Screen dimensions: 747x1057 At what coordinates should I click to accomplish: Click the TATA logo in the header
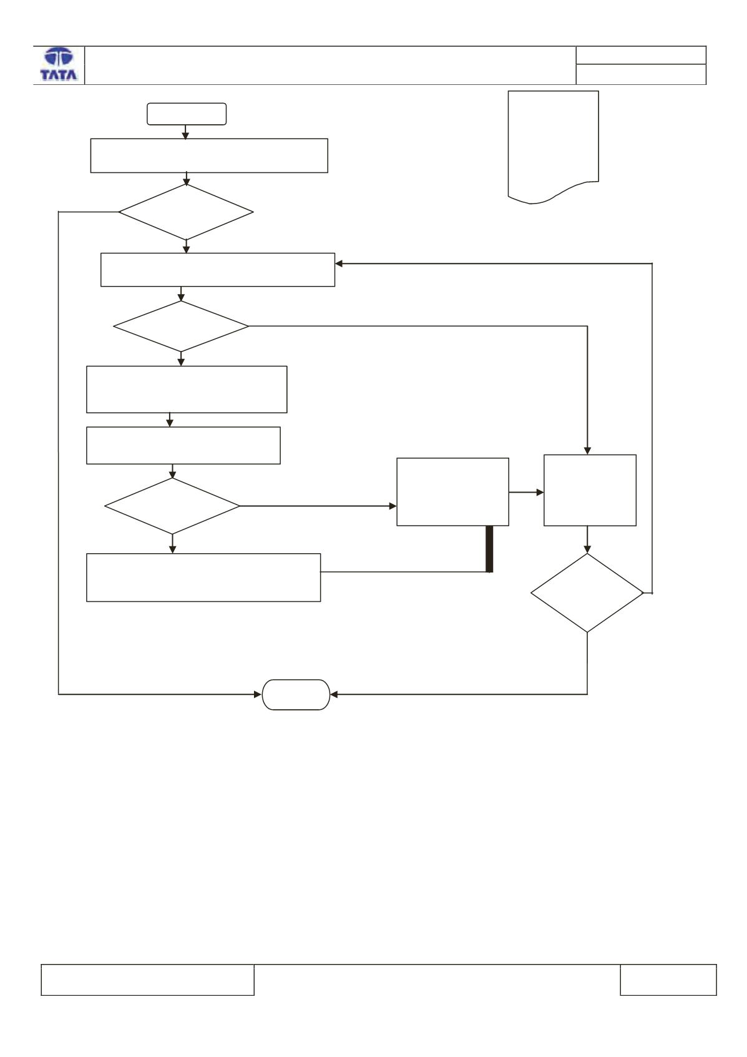[59, 64]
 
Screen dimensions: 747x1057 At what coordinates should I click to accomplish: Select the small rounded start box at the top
[187, 114]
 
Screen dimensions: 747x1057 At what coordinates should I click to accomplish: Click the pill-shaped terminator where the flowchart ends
[296, 695]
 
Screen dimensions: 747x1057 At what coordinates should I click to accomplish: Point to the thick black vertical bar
[489, 549]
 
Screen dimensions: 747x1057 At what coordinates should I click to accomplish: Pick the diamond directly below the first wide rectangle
[186, 212]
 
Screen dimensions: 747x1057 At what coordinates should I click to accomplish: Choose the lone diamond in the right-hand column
[587, 592]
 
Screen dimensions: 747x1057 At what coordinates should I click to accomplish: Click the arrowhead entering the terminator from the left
[258, 695]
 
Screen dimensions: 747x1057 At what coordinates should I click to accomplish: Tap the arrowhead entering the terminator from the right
[334, 695]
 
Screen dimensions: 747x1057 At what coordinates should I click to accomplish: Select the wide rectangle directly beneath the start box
[209, 155]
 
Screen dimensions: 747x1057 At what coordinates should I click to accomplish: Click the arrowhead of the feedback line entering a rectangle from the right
[339, 263]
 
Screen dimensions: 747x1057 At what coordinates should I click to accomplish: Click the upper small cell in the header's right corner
[641, 55]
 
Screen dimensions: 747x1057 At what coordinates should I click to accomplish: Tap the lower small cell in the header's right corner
[641, 74]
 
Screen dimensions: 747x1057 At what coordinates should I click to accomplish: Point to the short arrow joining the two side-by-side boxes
[526, 492]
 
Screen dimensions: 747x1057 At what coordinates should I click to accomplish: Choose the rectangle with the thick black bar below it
[452, 492]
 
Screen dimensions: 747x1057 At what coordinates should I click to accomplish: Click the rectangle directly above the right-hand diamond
[590, 490]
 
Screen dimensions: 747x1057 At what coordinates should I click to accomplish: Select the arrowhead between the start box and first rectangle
[185, 135]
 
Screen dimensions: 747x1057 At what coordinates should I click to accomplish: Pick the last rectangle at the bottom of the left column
[203, 578]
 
